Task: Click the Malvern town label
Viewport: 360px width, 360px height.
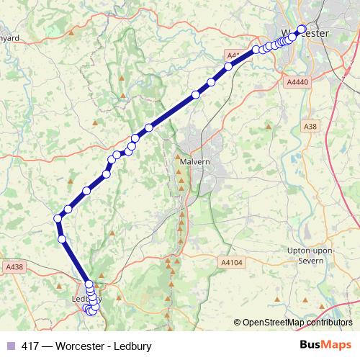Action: click(x=194, y=162)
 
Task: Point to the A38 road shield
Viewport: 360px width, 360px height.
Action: click(x=310, y=127)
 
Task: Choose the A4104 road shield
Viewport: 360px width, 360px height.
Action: click(x=233, y=264)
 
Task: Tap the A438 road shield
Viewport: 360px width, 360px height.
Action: click(x=14, y=266)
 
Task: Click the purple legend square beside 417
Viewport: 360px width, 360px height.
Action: click(x=10, y=346)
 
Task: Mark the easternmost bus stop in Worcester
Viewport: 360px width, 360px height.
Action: click(x=302, y=30)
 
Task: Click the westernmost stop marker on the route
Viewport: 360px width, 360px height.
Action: click(x=58, y=218)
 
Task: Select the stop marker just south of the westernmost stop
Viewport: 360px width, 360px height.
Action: click(x=62, y=239)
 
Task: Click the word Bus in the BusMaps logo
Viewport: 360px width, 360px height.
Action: click(x=312, y=346)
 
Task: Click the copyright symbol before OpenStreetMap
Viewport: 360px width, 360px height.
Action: click(x=238, y=323)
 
